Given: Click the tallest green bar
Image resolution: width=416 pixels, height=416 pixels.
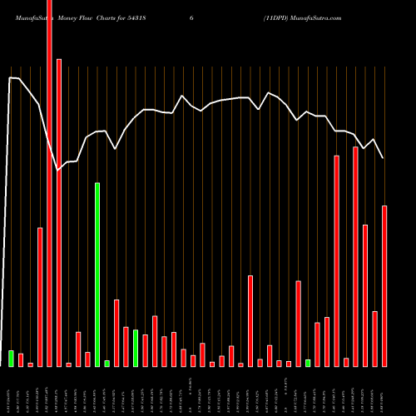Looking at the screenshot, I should point(97,275).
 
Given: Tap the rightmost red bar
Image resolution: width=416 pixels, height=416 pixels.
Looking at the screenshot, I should point(384,286).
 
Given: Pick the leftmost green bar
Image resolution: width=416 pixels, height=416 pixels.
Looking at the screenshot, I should point(12,358).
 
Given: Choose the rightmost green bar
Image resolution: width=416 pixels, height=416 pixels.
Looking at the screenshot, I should point(308,363).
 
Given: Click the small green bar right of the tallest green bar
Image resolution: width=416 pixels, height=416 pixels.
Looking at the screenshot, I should point(107,363).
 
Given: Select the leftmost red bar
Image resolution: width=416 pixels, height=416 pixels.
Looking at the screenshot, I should point(21,359).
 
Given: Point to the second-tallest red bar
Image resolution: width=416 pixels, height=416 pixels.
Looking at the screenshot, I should point(59,212).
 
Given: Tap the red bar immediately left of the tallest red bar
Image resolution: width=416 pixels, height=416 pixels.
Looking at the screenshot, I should point(40,296).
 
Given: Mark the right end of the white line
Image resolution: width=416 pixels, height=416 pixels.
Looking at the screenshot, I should point(383,158).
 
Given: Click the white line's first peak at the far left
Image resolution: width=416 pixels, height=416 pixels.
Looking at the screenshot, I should point(10,78).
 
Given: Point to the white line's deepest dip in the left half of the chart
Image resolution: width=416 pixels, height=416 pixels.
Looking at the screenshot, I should point(58,170).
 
